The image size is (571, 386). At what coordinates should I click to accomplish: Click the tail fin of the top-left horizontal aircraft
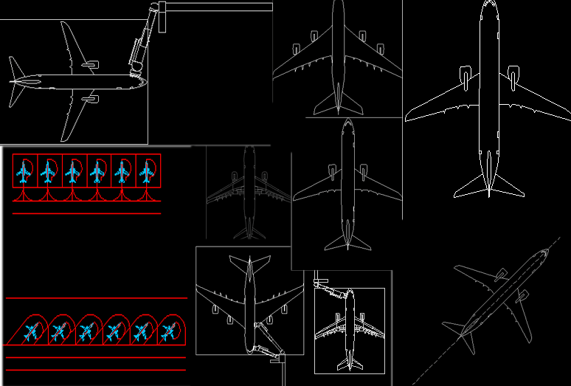[18, 80]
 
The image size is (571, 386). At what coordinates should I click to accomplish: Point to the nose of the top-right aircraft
[489, 4]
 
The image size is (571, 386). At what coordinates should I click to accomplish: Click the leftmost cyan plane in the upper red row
[24, 173]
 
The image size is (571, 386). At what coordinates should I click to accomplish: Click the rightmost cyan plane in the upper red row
[147, 173]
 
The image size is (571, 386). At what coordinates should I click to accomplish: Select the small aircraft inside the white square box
[350, 328]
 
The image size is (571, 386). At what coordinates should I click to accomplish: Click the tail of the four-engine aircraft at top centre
[339, 103]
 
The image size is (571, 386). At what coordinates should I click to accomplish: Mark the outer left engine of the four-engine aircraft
[296, 49]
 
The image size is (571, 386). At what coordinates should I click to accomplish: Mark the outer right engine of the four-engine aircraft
[381, 49]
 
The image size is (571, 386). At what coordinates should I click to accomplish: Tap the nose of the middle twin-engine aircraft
[347, 123]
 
